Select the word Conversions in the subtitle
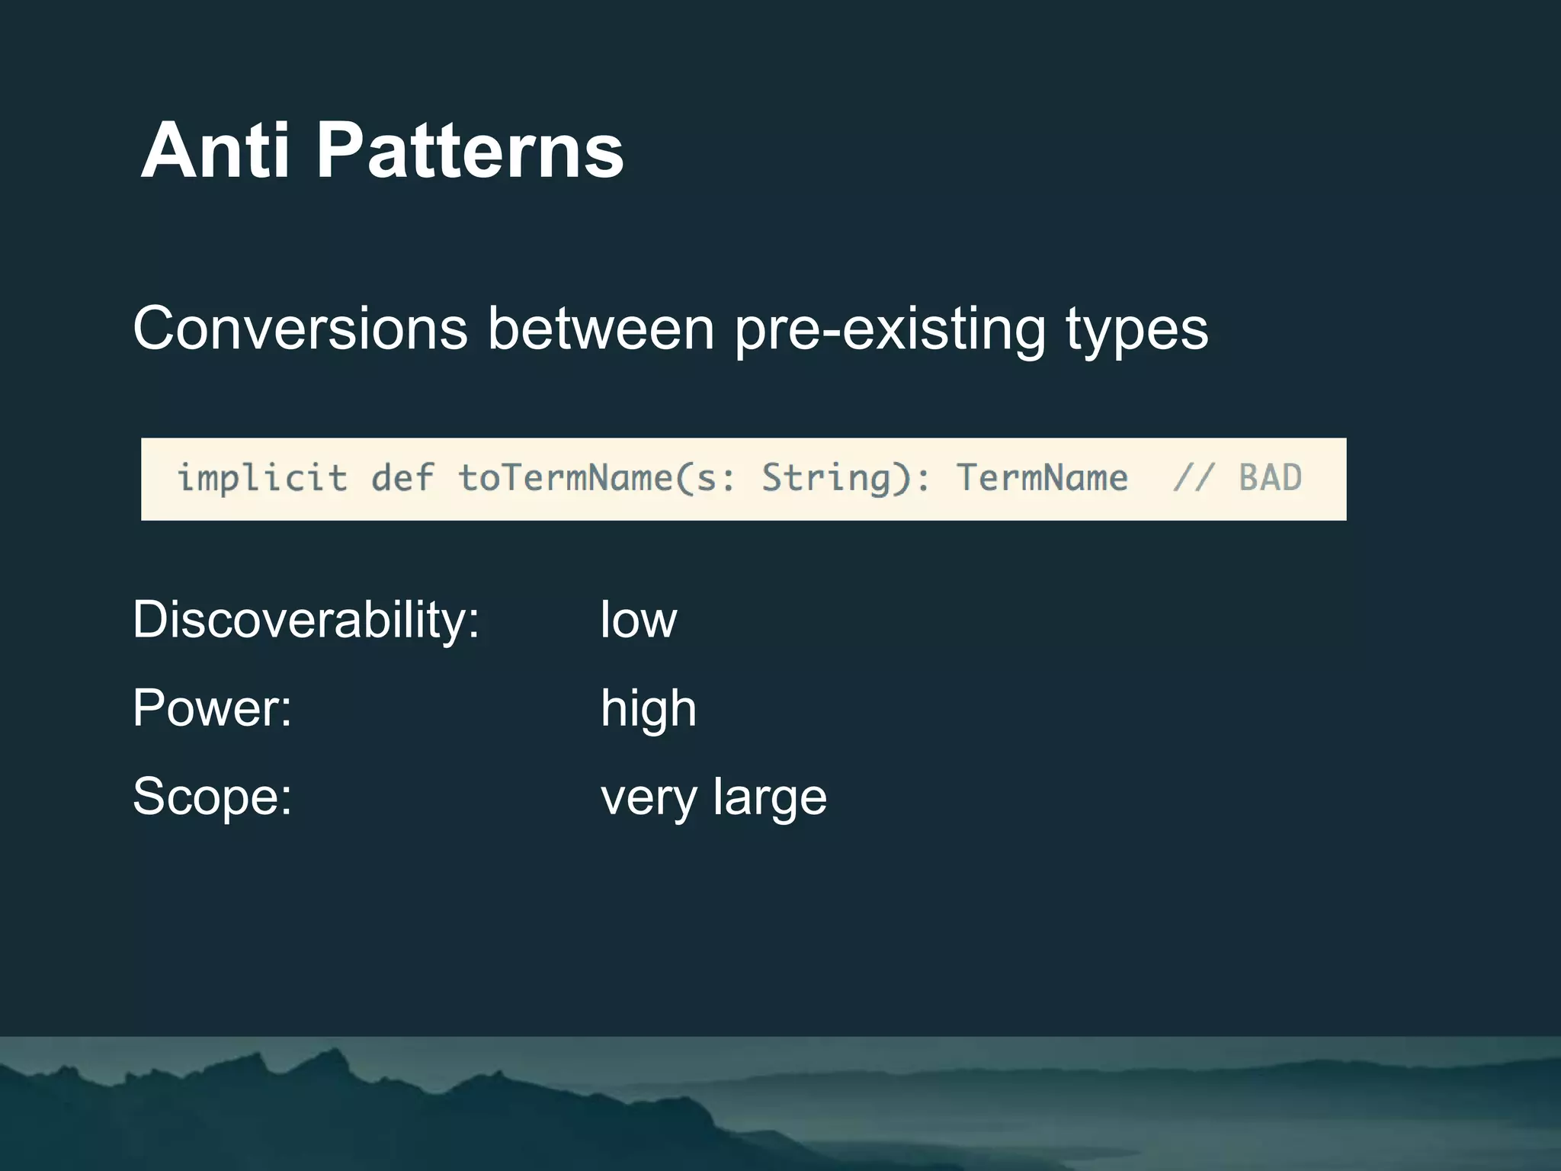[x=300, y=329]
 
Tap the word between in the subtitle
[x=601, y=329]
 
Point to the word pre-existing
[x=890, y=329]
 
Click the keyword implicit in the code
[x=262, y=479]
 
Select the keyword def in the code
[x=402, y=479]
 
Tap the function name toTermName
[x=565, y=479]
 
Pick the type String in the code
[x=825, y=479]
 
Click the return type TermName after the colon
[x=1042, y=479]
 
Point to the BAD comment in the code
[x=1270, y=479]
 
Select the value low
[x=638, y=619]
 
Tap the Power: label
[x=212, y=708]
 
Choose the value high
[x=648, y=708]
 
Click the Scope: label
[x=212, y=797]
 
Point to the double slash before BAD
[x=1193, y=479]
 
